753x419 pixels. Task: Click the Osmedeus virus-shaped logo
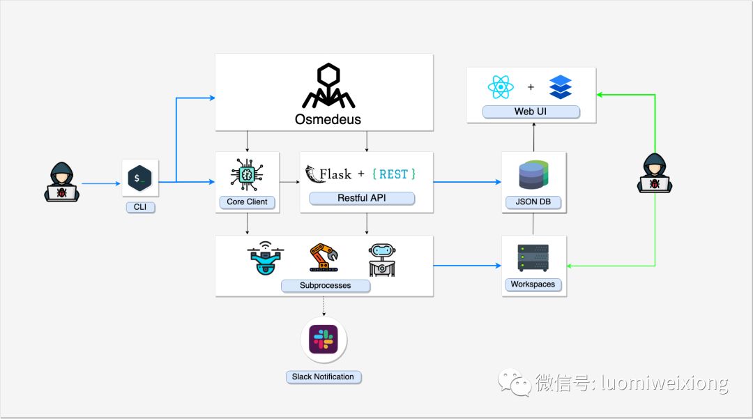(x=328, y=86)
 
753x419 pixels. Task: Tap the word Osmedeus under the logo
(x=328, y=119)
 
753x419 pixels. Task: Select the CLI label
(x=140, y=207)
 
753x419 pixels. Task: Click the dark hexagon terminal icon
(x=139, y=178)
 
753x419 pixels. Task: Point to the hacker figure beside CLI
(x=62, y=182)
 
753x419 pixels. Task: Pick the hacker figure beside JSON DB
(x=655, y=174)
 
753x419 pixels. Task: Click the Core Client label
(x=248, y=202)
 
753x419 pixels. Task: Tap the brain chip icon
(x=247, y=175)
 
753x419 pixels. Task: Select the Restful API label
(x=362, y=198)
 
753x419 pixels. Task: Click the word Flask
(x=335, y=174)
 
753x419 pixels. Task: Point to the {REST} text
(x=394, y=174)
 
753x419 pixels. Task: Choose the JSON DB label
(x=533, y=201)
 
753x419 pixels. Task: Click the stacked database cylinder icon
(x=533, y=175)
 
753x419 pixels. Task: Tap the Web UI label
(x=531, y=112)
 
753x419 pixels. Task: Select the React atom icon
(x=501, y=87)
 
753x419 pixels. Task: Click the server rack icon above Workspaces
(x=533, y=258)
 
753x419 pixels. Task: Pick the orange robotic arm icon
(x=324, y=258)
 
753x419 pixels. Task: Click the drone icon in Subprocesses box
(x=266, y=258)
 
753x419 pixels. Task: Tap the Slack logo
(x=324, y=340)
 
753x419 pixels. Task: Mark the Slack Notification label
(x=324, y=376)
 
